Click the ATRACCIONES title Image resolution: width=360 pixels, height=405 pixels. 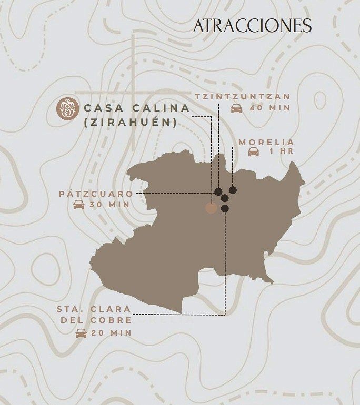point(252,26)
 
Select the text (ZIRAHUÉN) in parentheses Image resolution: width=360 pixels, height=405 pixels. point(130,123)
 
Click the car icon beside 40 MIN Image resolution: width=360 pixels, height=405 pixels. point(237,108)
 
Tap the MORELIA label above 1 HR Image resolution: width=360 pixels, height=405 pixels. point(266,142)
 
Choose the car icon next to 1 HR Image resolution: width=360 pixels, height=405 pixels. point(254,152)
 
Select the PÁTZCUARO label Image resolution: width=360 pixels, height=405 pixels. point(96,194)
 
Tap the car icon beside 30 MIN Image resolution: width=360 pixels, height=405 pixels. point(78,205)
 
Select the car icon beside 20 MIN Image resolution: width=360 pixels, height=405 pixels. point(81,333)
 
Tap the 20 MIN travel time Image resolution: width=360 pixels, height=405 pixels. point(111,333)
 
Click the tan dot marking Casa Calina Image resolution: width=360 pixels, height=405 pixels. point(211,208)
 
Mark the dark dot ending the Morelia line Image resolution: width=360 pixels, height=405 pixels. point(233,190)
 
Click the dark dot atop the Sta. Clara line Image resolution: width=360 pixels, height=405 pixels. point(225,208)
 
